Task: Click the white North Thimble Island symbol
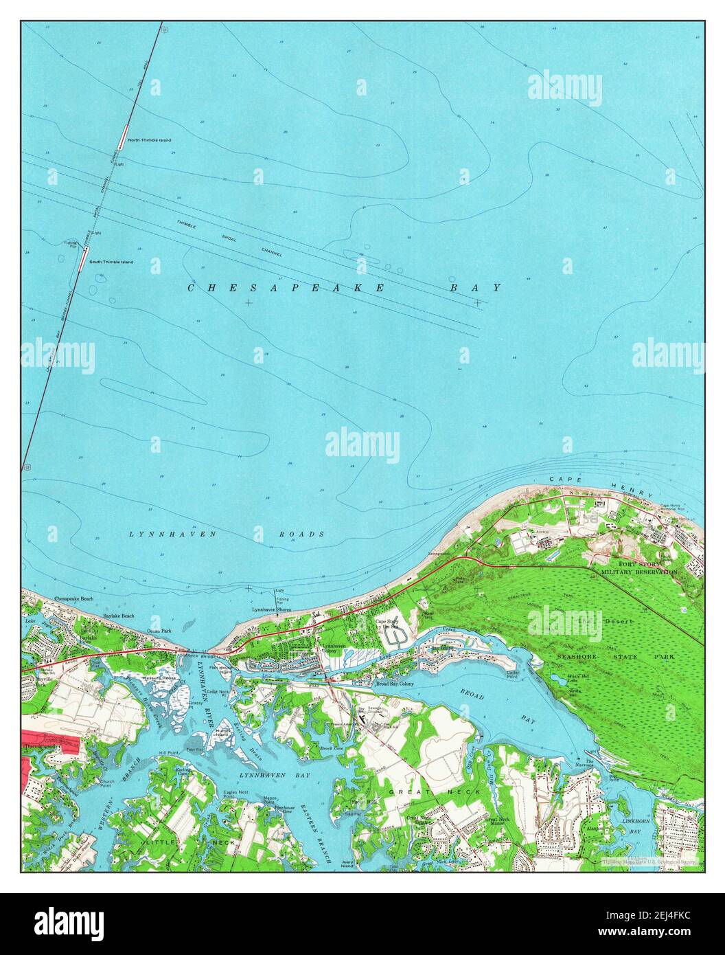123,135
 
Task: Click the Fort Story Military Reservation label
639,568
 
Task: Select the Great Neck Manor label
500,822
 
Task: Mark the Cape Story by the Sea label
387,624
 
